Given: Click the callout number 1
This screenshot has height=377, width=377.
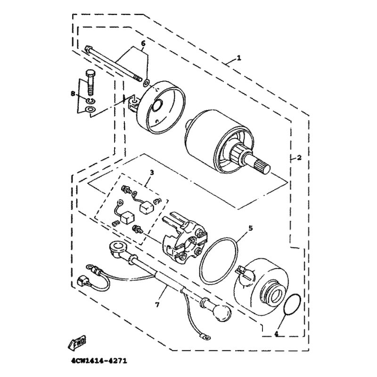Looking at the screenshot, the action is [x=238, y=58].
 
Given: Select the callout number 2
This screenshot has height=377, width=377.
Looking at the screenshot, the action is [x=299, y=158].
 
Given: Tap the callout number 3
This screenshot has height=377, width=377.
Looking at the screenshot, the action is [x=152, y=172].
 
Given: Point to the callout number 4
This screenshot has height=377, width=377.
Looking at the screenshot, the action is [x=276, y=334].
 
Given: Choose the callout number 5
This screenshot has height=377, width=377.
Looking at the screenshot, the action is [x=251, y=228].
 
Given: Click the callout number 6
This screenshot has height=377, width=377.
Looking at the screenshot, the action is [x=143, y=43].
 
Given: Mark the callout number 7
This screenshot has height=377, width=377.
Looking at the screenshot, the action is [x=157, y=305].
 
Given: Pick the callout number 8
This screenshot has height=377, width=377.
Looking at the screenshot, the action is [x=73, y=94].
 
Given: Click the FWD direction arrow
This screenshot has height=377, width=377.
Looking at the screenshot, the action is [x=76, y=342].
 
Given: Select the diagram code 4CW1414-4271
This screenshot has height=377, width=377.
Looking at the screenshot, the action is [x=99, y=361].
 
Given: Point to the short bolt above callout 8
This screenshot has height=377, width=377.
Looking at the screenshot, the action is [x=90, y=83].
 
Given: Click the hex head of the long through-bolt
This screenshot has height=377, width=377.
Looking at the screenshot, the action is [x=88, y=49].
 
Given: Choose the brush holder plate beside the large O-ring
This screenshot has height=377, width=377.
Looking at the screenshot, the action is [x=184, y=238].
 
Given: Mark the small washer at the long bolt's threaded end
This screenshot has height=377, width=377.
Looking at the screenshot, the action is [x=146, y=83].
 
